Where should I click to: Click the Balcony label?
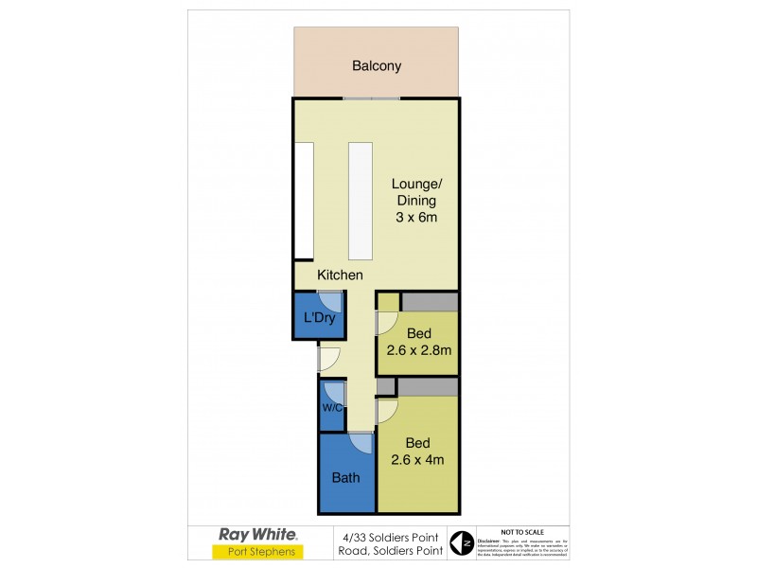tap(377, 66)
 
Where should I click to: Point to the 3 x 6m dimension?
tap(416, 218)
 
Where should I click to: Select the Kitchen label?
tap(340, 275)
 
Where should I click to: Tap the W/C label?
tap(330, 409)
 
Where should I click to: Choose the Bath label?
tap(345, 478)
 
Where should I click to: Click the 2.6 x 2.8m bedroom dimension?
tap(418, 350)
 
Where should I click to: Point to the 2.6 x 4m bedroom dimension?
tap(418, 461)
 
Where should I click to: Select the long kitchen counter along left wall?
tap(304, 200)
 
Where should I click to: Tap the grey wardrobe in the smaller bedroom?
tap(430, 302)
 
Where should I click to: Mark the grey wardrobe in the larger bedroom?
tap(428, 387)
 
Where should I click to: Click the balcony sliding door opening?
tap(371, 98)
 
